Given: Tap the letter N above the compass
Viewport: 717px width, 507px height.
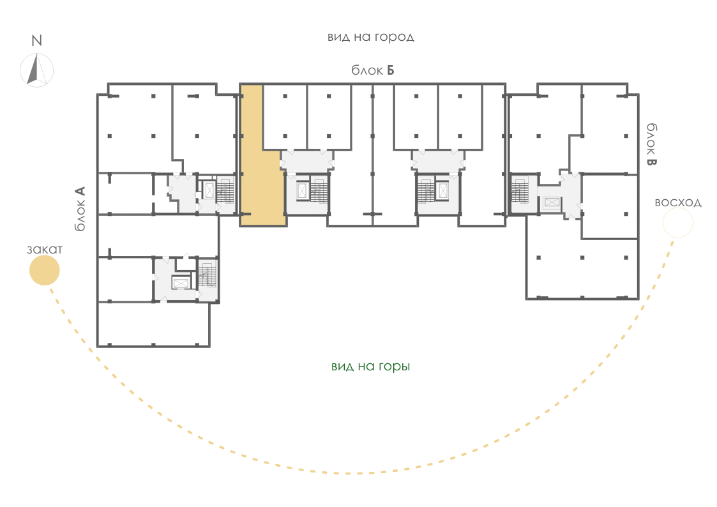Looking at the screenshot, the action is click(36, 41).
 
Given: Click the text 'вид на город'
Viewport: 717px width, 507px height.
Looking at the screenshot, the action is click(371, 37).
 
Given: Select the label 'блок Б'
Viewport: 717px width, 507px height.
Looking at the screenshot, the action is click(373, 70).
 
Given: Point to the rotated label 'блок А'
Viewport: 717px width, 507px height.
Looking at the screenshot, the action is click(80, 208).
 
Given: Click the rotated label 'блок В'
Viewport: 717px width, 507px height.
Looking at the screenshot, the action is click(652, 144).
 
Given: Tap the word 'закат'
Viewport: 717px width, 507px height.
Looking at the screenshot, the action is click(45, 250).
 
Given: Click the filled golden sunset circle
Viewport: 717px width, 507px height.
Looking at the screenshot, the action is click(44, 270).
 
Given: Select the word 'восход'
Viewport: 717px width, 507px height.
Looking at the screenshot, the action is click(678, 202).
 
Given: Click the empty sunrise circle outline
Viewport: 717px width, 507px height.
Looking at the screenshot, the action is click(677, 208).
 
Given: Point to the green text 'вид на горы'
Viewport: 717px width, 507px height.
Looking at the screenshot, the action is click(371, 367).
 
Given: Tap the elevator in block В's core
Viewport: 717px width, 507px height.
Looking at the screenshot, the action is click(552, 202).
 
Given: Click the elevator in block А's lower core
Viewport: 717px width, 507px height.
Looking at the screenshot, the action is click(181, 284).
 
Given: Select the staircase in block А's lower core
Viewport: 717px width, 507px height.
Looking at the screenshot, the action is click(208, 275).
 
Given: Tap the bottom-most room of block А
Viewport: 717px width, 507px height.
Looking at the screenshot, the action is click(154, 324).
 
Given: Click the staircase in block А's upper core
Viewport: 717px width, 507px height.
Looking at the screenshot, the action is click(225, 190).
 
